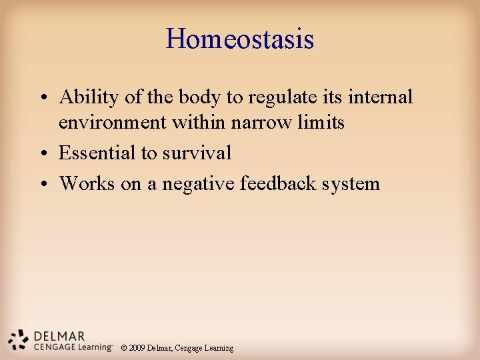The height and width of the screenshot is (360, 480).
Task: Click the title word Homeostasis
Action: coord(240,39)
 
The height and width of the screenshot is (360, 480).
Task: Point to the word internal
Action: coord(379,97)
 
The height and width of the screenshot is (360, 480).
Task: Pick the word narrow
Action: coord(260,123)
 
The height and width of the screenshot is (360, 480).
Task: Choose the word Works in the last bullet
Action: coord(87,184)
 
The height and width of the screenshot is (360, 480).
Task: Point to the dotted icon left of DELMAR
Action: coord(19,339)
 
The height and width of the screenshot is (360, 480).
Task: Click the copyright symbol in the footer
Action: coord(124,348)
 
